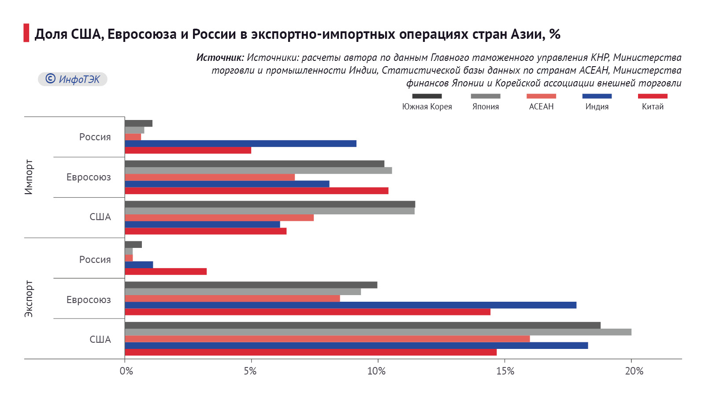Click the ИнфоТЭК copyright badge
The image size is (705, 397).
click(73, 79)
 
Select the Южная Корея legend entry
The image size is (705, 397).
click(427, 102)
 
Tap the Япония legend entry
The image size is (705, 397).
click(486, 102)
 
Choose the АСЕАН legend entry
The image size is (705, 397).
click(541, 102)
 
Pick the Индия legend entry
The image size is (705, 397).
click(597, 102)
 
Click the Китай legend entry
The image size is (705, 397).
click(653, 102)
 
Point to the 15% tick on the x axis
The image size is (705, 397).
click(505, 371)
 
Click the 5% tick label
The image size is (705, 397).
click(250, 371)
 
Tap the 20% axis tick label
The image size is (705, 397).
click(634, 371)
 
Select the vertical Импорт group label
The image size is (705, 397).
click(29, 177)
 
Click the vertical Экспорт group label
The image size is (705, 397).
click(29, 299)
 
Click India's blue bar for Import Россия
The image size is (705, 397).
click(240, 143)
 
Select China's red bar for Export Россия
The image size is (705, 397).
click(166, 271)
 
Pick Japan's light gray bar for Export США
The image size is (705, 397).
click(378, 332)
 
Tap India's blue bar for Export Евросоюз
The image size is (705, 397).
click(350, 305)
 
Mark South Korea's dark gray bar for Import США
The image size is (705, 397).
click(270, 204)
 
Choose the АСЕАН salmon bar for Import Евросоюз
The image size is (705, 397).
click(210, 177)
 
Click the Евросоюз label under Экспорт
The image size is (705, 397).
click(89, 300)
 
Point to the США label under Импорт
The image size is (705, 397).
click(100, 217)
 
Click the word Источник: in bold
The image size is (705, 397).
click(220, 57)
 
